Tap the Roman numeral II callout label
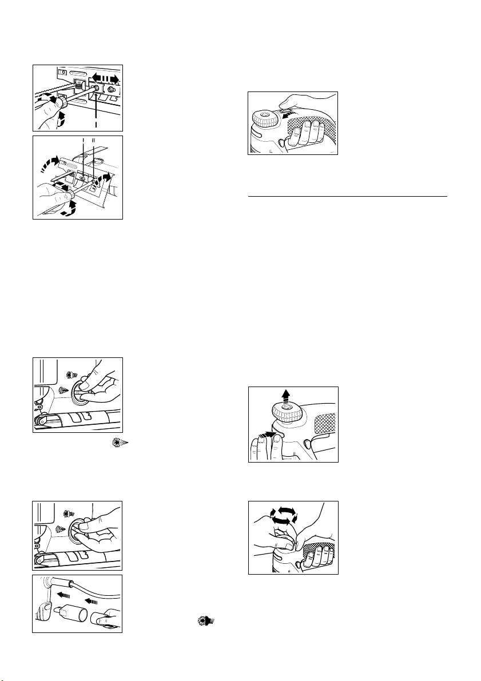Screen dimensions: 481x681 (x=93, y=140)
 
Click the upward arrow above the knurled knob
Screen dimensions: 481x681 (x=285, y=396)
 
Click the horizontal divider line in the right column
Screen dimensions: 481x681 (x=348, y=196)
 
